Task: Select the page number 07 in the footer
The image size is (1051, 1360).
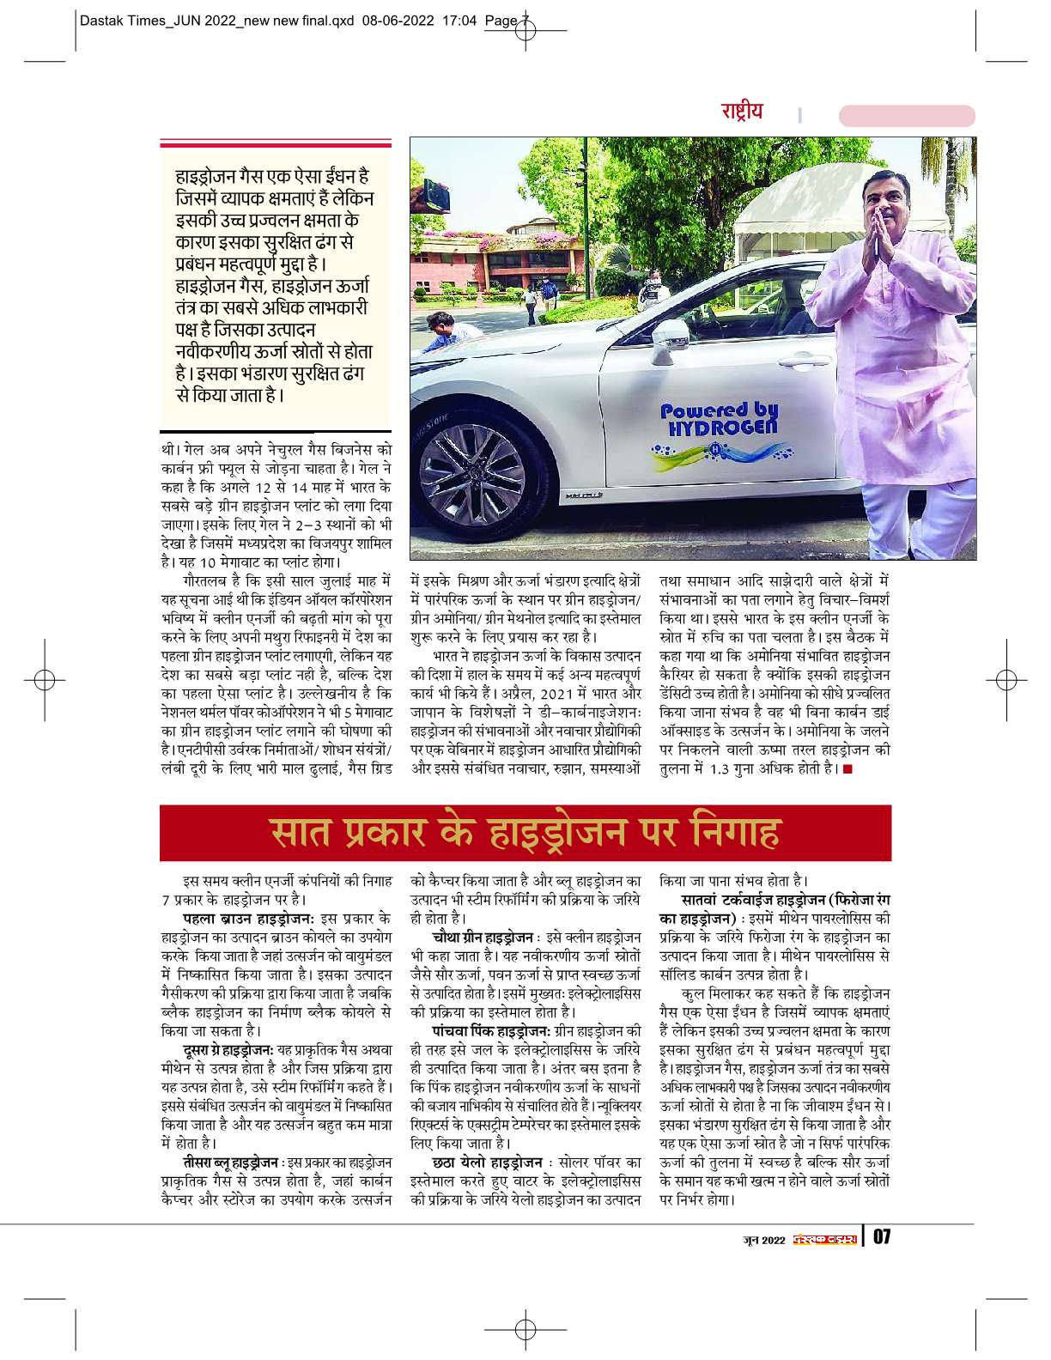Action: click(884, 1237)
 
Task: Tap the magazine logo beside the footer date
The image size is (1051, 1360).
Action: click(825, 1238)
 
